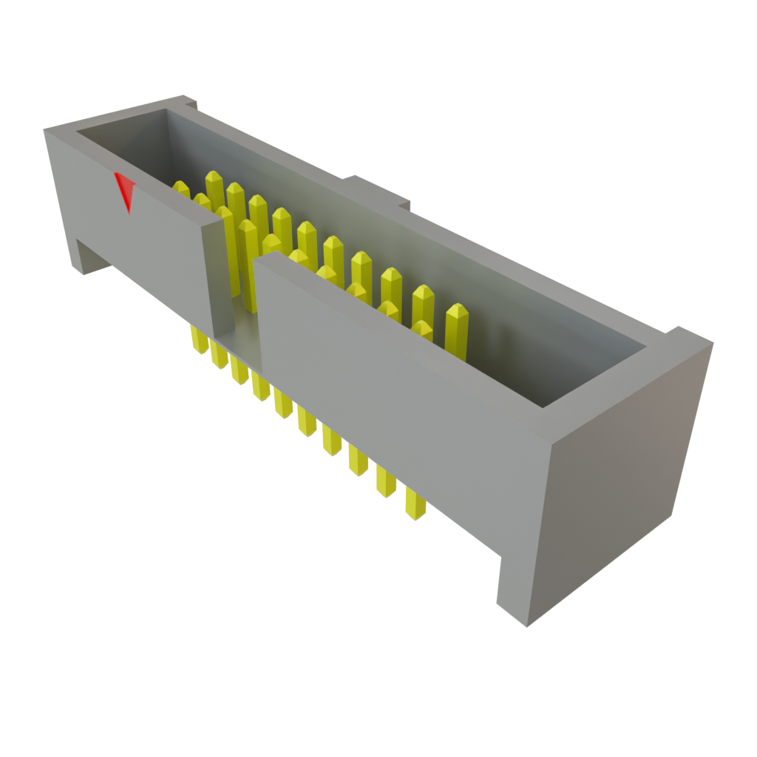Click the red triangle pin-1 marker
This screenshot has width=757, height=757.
(126, 190)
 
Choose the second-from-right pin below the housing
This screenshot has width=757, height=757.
(387, 481)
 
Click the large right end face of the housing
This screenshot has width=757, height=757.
(614, 481)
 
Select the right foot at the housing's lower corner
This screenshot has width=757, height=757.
(517, 591)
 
